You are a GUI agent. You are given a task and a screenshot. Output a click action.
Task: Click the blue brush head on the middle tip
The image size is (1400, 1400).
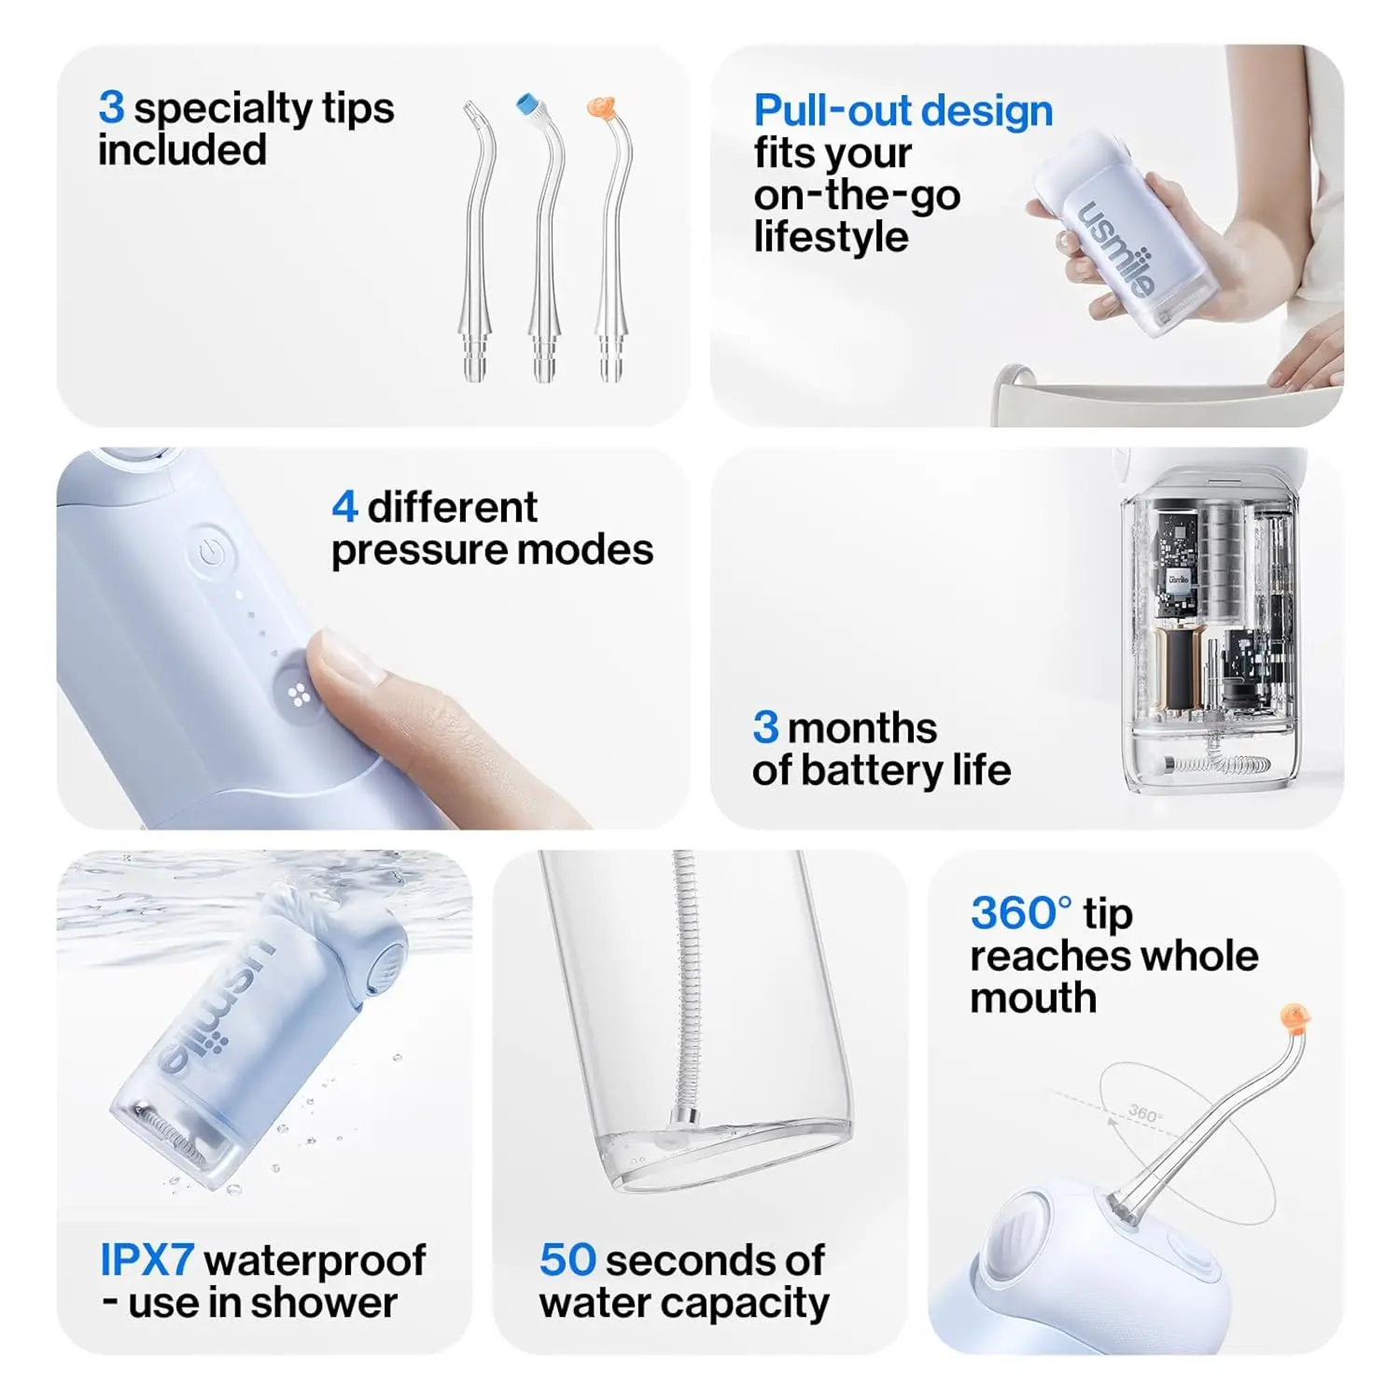pos(529,104)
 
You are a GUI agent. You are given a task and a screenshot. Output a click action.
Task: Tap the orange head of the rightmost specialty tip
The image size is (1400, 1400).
pos(600,107)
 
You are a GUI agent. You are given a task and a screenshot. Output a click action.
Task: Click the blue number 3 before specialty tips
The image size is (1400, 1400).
pos(111,107)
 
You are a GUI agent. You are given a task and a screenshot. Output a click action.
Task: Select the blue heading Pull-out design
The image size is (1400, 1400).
pos(903,110)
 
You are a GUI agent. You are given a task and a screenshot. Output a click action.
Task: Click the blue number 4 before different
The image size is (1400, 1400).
pos(344,507)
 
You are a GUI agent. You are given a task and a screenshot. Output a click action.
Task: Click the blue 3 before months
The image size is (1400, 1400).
pos(765,728)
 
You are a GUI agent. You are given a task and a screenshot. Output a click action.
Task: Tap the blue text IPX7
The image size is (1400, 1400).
pos(147,1260)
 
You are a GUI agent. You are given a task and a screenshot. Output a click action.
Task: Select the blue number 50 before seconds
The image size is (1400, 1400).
pos(567,1260)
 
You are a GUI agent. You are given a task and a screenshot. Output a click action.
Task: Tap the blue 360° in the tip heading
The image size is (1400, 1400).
pos(1022,913)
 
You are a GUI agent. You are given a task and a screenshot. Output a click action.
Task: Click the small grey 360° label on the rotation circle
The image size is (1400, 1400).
pos(1144,1113)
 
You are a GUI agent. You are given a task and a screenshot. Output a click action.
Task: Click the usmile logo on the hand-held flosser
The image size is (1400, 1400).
pos(1117,248)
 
